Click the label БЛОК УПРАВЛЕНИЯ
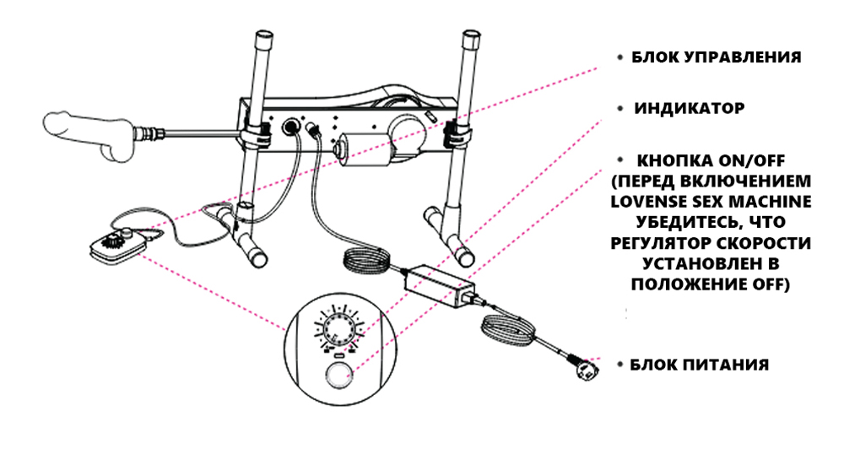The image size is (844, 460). click(716, 58)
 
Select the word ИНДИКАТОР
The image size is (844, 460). click(690, 109)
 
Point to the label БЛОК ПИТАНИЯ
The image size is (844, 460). click(701, 365)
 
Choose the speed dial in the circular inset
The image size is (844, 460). click(339, 326)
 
